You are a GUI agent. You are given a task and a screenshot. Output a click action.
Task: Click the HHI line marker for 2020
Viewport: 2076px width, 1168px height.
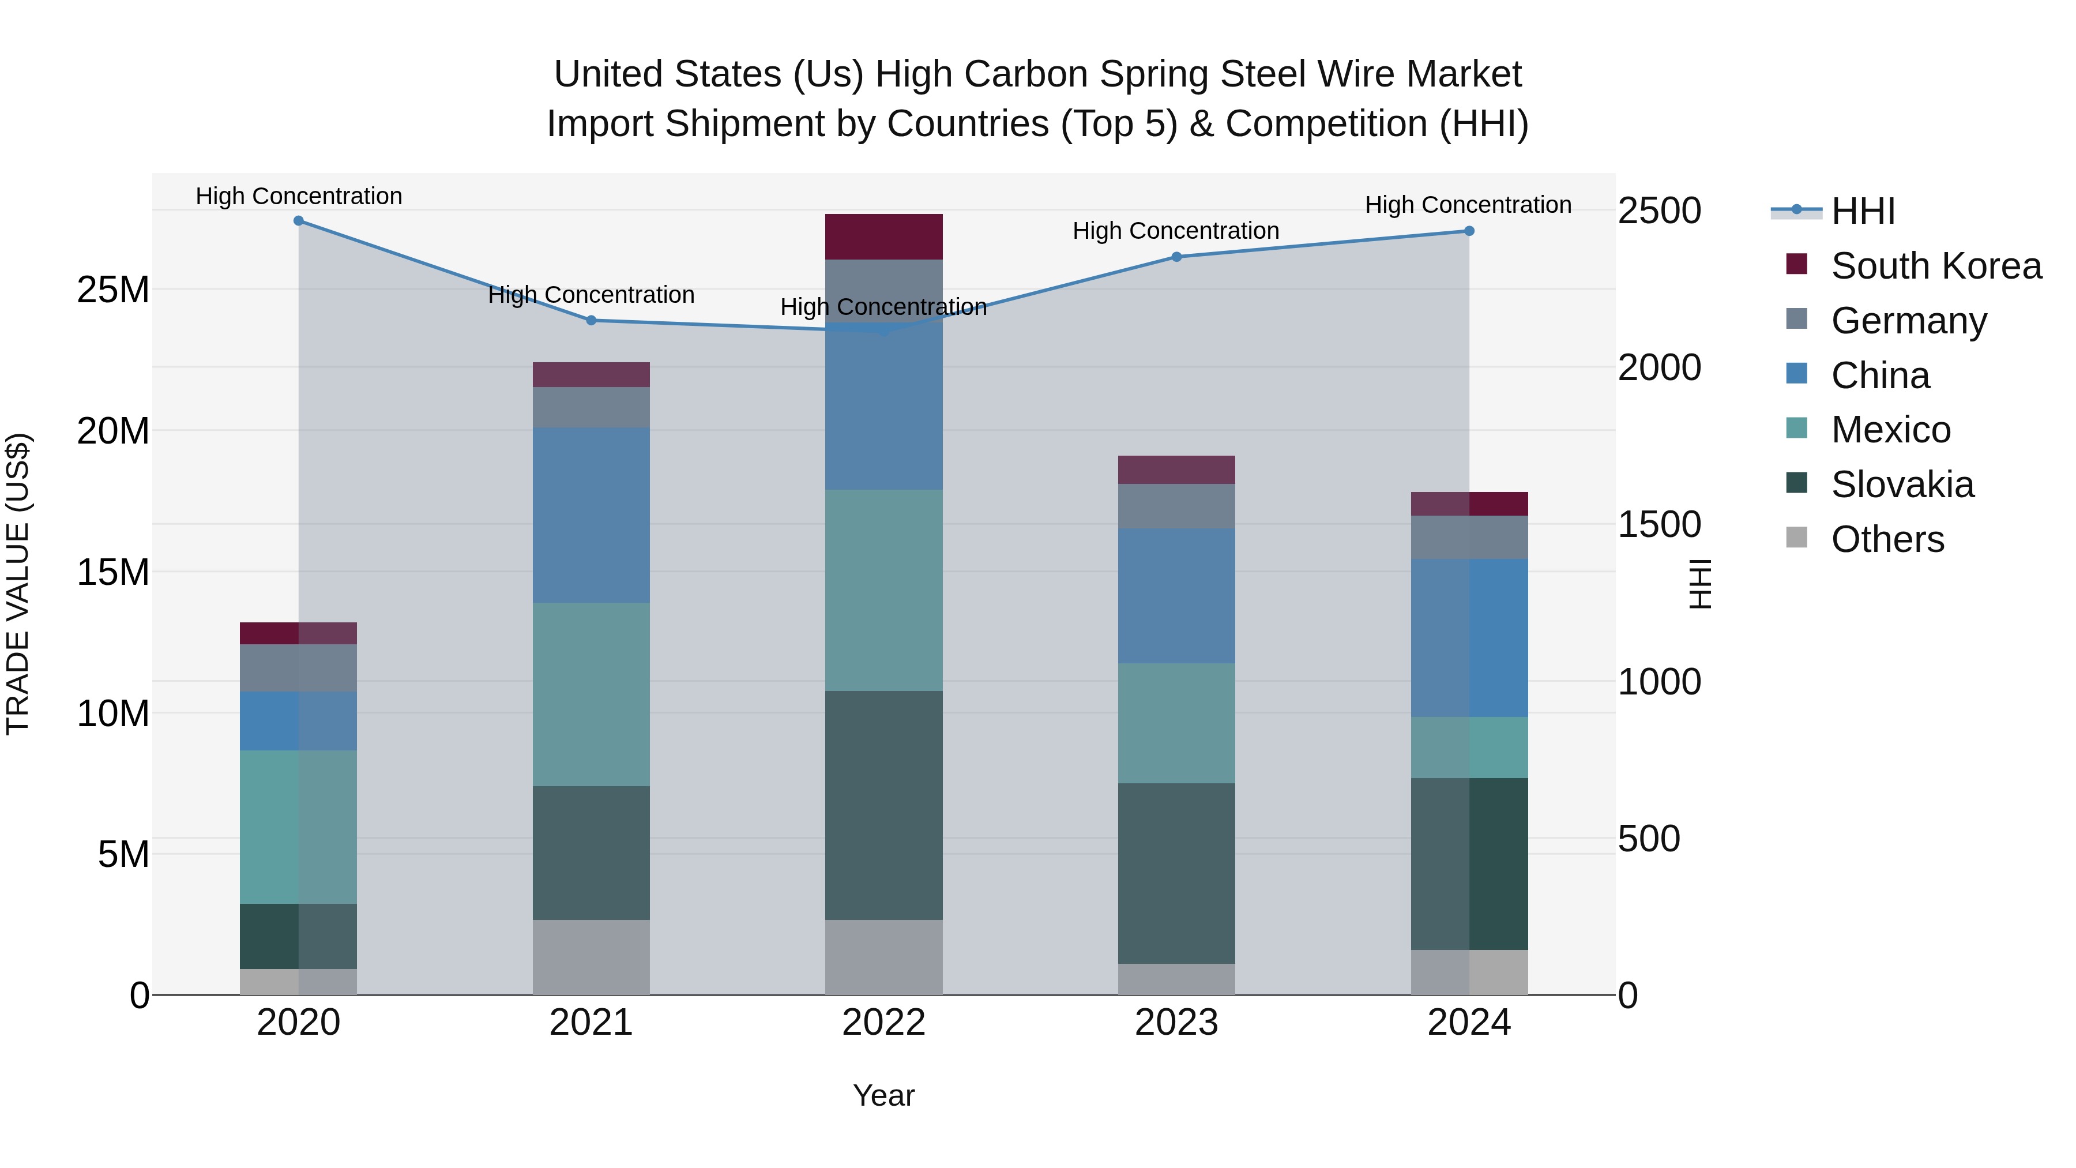point(298,221)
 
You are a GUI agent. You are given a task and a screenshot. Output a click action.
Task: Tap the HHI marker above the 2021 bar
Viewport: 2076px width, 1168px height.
point(591,321)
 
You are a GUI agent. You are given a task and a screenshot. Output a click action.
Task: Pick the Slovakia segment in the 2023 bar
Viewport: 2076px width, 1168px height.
point(1176,873)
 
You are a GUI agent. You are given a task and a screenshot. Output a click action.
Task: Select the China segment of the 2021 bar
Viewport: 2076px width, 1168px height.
point(591,515)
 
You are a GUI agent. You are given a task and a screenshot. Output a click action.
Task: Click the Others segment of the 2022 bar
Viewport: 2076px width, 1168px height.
point(883,957)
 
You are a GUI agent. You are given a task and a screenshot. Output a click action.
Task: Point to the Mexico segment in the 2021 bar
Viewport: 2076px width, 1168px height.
point(591,694)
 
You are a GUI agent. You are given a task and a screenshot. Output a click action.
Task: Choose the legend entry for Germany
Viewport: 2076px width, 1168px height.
point(1908,321)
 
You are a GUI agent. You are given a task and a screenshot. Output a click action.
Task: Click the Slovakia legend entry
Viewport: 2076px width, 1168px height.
point(1902,485)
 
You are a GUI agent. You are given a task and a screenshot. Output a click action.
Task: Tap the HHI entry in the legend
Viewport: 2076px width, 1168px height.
point(1861,211)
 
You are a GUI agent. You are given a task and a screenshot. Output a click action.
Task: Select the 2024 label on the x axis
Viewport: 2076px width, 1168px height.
point(1468,1023)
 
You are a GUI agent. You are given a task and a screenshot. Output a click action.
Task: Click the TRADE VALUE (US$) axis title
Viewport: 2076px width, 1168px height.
point(18,584)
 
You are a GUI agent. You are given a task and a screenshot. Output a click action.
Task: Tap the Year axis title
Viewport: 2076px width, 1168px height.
point(883,1095)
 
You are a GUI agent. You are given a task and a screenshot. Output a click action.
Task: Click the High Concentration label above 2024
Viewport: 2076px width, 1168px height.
point(1468,205)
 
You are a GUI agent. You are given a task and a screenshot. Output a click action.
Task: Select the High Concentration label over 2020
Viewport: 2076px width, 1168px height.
point(298,196)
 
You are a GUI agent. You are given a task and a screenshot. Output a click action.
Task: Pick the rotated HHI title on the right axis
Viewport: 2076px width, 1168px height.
point(1699,584)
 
